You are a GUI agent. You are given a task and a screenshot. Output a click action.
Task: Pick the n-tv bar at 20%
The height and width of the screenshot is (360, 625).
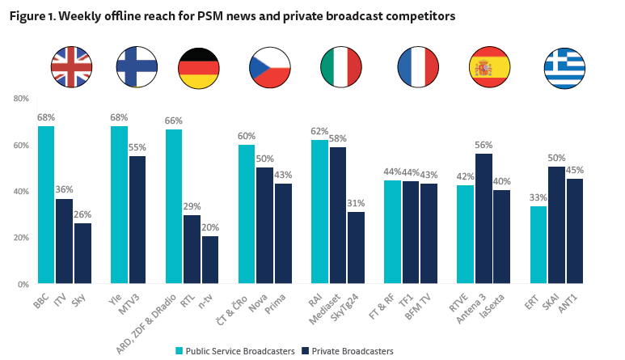pyautogui.click(x=210, y=260)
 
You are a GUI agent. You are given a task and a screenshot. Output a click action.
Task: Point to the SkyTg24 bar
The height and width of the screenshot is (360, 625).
pyautogui.click(x=357, y=248)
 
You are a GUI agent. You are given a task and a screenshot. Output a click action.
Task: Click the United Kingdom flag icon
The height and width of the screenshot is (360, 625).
pyautogui.click(x=70, y=67)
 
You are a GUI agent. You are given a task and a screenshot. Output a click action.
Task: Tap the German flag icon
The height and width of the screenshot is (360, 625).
pyautogui.click(x=198, y=67)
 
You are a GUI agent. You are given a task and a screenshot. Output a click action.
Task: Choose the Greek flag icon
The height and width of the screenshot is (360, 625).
pyautogui.click(x=564, y=67)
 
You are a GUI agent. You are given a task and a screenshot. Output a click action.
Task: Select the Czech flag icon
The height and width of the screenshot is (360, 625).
pyautogui.click(x=269, y=67)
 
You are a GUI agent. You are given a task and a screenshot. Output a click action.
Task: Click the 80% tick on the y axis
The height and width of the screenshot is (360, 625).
pyautogui.click(x=20, y=99)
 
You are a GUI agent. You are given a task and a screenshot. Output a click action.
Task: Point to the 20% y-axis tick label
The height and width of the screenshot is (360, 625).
pyautogui.click(x=20, y=238)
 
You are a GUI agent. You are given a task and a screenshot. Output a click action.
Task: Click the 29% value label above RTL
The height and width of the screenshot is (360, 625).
pyautogui.click(x=192, y=206)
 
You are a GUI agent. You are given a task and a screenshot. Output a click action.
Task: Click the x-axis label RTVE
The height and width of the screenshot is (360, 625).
pyautogui.click(x=458, y=302)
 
